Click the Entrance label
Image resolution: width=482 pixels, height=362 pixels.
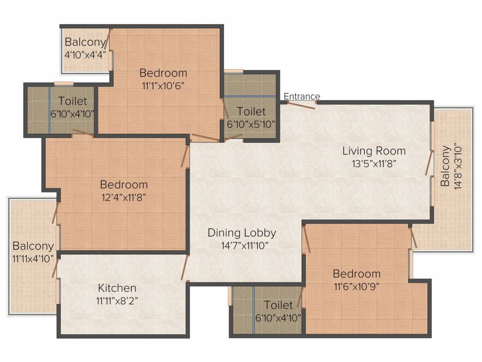[x=302, y=97]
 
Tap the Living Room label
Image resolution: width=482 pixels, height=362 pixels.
[x=374, y=151]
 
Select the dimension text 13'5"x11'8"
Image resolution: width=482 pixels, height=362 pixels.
[x=374, y=164]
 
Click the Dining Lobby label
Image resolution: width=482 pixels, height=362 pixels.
[x=242, y=232]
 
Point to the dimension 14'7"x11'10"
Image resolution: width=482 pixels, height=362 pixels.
[x=242, y=245]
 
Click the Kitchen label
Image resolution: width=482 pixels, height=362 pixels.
[x=117, y=288]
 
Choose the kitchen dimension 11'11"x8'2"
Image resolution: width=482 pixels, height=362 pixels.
[x=117, y=300]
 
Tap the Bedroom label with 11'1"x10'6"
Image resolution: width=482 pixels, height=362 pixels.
[x=163, y=73]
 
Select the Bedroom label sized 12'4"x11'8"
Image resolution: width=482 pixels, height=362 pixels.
[x=124, y=184]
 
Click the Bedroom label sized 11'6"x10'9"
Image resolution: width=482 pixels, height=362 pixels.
[x=356, y=273]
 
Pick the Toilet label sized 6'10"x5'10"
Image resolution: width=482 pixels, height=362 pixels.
[x=251, y=112]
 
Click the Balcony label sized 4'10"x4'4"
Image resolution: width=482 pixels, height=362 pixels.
[x=85, y=41]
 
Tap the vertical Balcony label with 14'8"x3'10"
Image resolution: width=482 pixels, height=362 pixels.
[x=445, y=165]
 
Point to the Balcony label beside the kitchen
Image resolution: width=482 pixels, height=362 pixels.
[x=33, y=246]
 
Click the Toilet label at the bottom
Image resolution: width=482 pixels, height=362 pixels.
[x=278, y=305]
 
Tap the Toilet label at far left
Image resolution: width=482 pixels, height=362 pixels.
[x=72, y=101]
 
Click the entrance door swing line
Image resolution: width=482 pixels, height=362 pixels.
[x=300, y=105]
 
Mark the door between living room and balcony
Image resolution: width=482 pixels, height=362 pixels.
[x=429, y=163]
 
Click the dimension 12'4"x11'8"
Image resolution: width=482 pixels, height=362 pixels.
[x=124, y=197]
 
